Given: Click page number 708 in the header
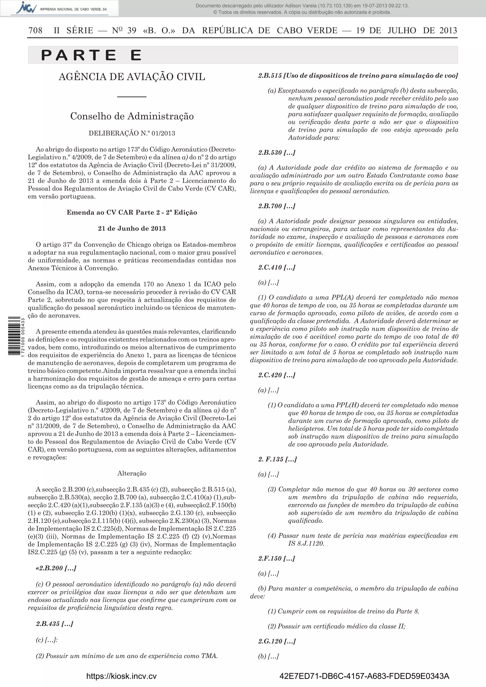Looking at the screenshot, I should click(x=35, y=31).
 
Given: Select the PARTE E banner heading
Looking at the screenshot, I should click(x=91, y=55).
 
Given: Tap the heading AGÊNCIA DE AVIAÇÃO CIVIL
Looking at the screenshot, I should click(x=132, y=77).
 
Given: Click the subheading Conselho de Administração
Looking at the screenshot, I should click(x=132, y=116).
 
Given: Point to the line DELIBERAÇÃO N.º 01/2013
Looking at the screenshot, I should click(x=132, y=133).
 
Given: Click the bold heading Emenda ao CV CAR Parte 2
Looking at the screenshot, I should click(x=132, y=212).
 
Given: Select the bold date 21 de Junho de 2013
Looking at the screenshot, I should click(x=132, y=229).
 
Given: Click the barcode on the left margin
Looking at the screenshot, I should click(x=14, y=336).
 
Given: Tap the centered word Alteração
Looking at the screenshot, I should click(x=132, y=473).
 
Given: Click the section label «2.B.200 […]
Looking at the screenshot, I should click(x=56, y=568).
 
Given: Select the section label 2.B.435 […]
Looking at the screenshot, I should click(x=55, y=624).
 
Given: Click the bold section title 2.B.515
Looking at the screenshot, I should click(x=358, y=76).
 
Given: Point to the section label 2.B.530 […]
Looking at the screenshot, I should click(x=277, y=152).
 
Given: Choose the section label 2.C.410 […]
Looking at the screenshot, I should click(x=277, y=267).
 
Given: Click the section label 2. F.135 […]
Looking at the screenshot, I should click(x=277, y=459).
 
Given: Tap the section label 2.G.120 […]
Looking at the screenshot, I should click(x=277, y=641).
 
